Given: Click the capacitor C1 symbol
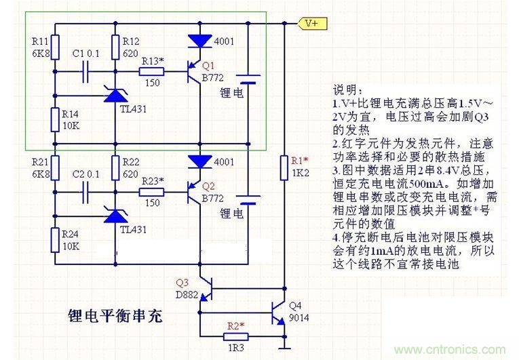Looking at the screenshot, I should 87,70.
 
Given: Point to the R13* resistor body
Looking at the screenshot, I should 152,70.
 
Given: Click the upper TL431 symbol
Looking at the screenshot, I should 115,96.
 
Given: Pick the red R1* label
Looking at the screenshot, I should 299,161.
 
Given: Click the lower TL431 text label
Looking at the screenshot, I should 133,230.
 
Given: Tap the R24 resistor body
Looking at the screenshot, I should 55,238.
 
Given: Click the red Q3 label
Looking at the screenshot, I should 182,282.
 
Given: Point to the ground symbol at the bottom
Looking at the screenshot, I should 284,349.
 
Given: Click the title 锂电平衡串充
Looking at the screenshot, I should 115,317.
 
